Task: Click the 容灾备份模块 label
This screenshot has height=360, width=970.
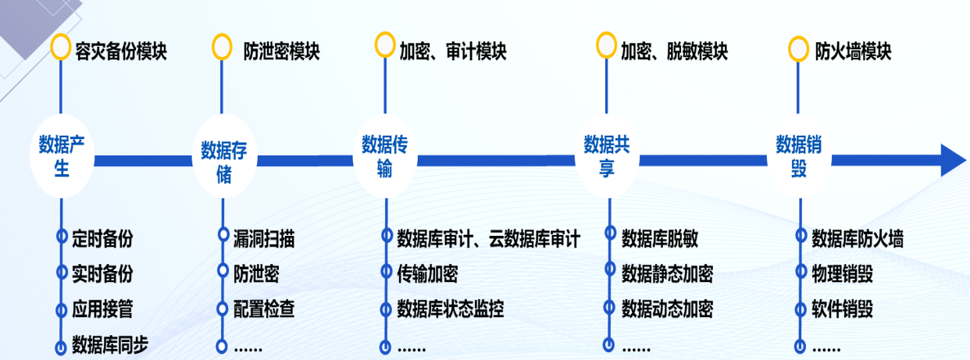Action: [121, 52]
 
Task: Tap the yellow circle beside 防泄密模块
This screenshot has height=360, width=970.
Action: [222, 47]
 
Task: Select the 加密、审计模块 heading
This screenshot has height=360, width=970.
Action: [453, 52]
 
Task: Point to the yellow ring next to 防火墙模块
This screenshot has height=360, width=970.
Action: [798, 49]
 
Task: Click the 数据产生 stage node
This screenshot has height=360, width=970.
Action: [62, 156]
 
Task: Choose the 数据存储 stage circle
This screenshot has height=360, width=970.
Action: [224, 157]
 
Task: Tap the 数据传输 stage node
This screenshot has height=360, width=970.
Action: [385, 156]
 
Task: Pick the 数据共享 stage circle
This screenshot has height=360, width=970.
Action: [607, 156]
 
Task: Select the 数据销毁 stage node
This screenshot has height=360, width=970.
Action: [799, 156]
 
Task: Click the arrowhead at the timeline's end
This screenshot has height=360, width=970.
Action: [954, 160]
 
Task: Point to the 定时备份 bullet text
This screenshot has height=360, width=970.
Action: [102, 238]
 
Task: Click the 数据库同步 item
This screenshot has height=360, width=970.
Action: [110, 345]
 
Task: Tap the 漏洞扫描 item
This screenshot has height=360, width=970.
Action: [264, 238]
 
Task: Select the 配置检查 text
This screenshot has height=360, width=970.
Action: [264, 309]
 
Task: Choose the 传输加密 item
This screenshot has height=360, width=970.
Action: [427, 274]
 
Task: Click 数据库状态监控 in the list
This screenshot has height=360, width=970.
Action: [451, 309]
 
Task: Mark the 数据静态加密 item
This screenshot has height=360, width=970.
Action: [668, 274]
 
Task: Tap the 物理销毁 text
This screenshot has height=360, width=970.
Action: [842, 274]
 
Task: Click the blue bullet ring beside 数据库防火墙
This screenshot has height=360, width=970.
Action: [801, 236]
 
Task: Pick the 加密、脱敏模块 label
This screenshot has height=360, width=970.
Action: [675, 52]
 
